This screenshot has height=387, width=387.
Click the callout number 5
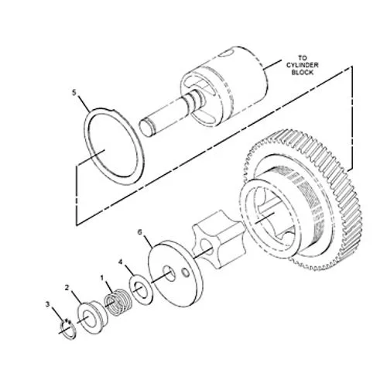tap(74, 93)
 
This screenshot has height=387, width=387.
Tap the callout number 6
tap(139, 232)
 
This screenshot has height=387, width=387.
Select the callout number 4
tap(120, 262)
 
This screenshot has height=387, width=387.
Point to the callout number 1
tap(102, 278)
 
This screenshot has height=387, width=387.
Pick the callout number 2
tap(67, 287)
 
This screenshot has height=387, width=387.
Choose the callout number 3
tap(47, 304)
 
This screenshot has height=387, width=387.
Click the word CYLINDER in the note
tap(303, 65)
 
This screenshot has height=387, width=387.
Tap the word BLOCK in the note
tap(303, 72)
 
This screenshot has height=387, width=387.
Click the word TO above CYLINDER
tap(303, 58)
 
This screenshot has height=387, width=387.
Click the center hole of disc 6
tap(169, 274)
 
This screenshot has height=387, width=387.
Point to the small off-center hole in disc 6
tap(186, 272)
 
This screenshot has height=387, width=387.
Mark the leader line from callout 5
tap(84, 104)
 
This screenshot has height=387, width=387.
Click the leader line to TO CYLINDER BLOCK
tap(272, 65)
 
